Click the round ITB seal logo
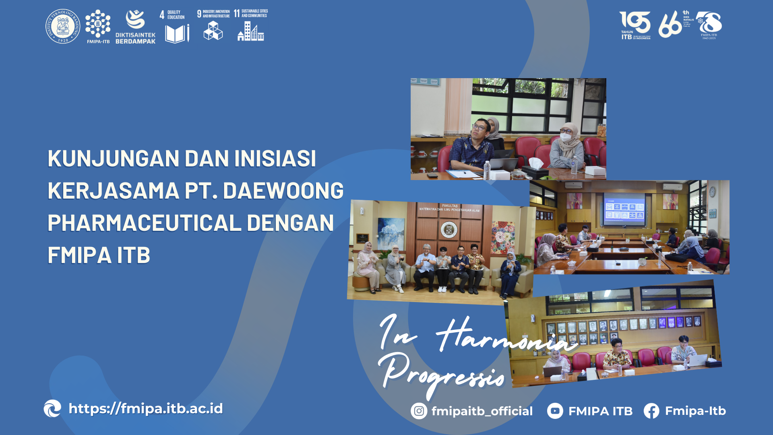click(x=63, y=26)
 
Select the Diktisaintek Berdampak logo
click(x=135, y=26)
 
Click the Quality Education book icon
click(x=177, y=33)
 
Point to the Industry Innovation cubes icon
click(x=213, y=30)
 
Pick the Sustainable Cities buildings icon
click(x=250, y=31)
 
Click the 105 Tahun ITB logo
click(x=635, y=25)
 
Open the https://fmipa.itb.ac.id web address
click(x=145, y=408)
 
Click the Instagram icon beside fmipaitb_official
click(x=419, y=411)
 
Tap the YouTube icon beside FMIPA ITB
click(x=555, y=411)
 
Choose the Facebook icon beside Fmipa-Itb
click(x=651, y=411)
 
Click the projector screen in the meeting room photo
click(x=624, y=209)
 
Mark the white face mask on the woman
click(x=566, y=137)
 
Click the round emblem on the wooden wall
click(x=449, y=230)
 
